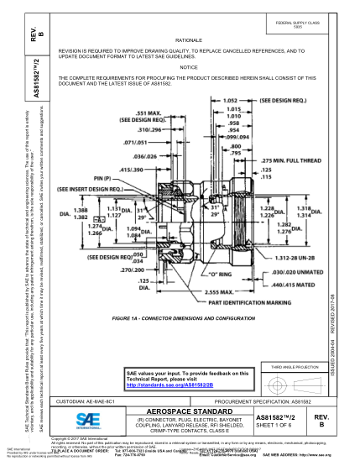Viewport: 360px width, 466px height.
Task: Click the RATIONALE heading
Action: [x=188, y=40]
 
